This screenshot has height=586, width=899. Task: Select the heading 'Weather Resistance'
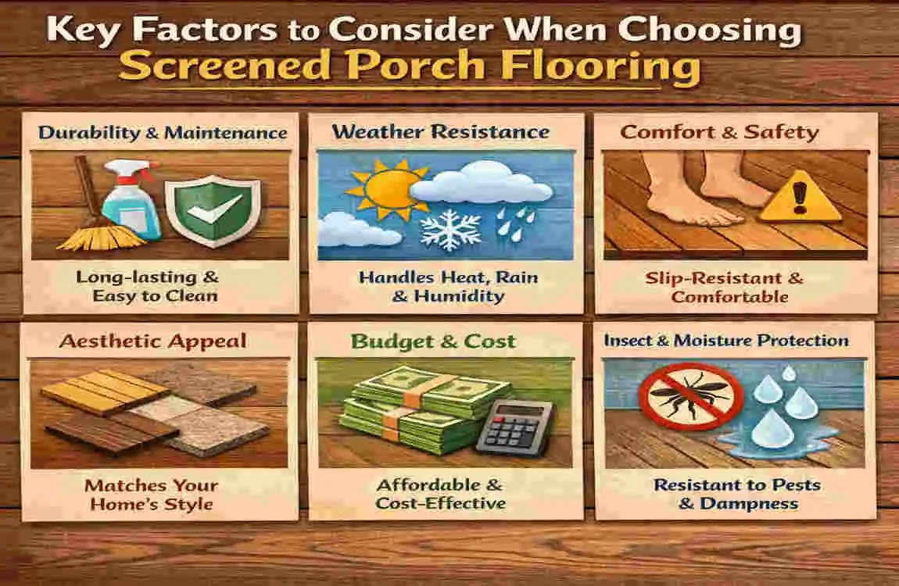pyautogui.click(x=441, y=130)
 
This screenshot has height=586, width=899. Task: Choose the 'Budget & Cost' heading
pyautogui.click(x=433, y=341)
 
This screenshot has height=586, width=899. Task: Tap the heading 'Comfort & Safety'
pyautogui.click(x=719, y=131)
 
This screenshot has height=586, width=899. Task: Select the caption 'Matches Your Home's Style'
pyautogui.click(x=152, y=494)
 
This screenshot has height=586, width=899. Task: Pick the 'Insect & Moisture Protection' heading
pyautogui.click(x=726, y=341)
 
